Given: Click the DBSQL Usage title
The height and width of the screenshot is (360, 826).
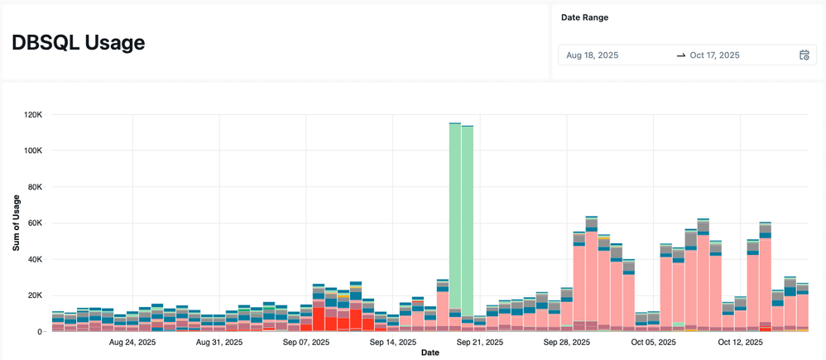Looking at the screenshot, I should click(79, 43).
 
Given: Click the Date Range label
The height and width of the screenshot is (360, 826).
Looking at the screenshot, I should click(585, 17).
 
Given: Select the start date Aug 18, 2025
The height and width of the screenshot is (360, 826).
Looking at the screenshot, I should click(593, 55).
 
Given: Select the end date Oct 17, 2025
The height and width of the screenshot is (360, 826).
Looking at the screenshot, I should click(714, 55).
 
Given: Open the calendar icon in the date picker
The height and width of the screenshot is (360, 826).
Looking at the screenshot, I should click(804, 55).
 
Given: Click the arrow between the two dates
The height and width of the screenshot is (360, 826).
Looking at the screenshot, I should click(680, 55).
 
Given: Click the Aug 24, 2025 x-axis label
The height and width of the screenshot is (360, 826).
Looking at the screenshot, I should click(132, 341).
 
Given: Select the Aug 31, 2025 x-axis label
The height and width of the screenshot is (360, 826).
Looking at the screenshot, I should click(219, 341).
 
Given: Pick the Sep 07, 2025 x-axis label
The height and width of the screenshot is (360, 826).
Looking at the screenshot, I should click(306, 341).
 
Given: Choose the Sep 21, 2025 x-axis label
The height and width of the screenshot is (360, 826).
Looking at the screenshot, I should click(480, 341).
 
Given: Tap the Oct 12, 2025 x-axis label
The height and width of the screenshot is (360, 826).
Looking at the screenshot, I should click(741, 341).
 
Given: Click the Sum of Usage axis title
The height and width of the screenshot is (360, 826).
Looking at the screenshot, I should click(16, 223).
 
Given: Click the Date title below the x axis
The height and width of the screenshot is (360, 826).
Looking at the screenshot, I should click(430, 353).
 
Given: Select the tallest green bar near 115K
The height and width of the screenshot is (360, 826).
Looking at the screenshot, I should click(454, 215).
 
